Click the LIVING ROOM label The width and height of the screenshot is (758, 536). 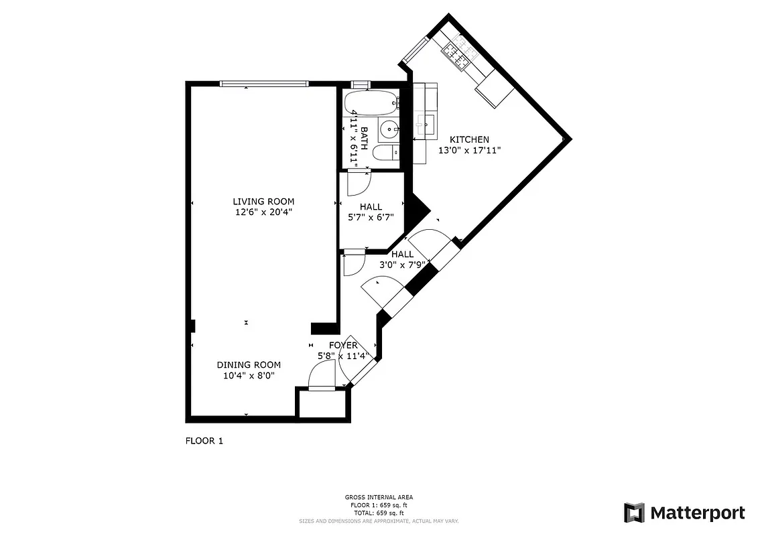(x=263, y=202)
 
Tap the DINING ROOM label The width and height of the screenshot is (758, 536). (x=248, y=364)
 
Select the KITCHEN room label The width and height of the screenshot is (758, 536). (x=469, y=139)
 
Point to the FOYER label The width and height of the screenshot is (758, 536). (x=342, y=346)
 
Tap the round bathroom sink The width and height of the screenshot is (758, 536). (x=389, y=128)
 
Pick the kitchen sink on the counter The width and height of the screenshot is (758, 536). (x=424, y=123)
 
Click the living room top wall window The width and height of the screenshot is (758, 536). (x=263, y=84)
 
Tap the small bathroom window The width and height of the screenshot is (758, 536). (x=360, y=84)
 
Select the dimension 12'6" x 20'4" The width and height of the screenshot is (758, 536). (x=263, y=212)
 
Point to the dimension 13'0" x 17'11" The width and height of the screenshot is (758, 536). (x=469, y=150)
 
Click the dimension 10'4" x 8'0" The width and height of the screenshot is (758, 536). (x=248, y=375)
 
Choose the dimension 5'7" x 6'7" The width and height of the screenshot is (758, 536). (x=371, y=217)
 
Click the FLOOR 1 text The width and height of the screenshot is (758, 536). (x=204, y=441)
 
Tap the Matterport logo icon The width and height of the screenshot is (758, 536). (x=634, y=513)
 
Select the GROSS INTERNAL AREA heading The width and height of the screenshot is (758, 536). (x=379, y=497)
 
